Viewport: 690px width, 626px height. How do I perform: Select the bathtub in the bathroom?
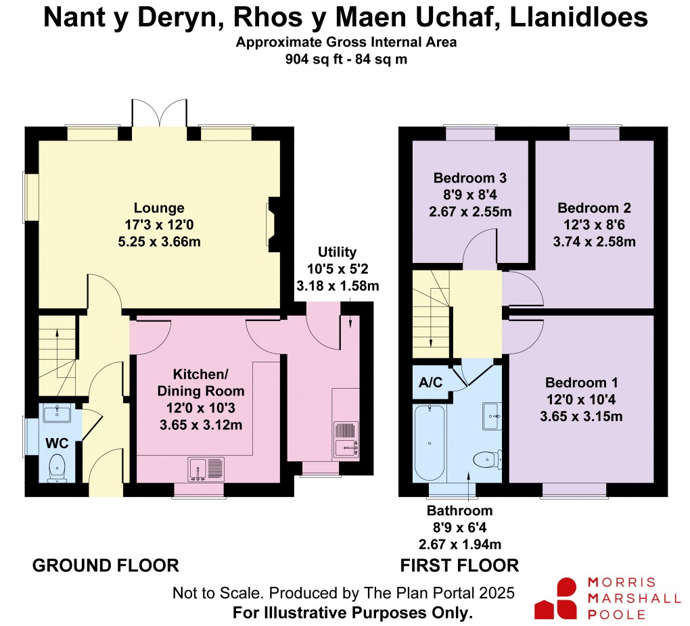pyautogui.click(x=429, y=442)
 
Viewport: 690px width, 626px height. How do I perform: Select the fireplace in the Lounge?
pyautogui.click(x=271, y=223)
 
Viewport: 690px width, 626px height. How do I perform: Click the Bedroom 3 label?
pyautogui.click(x=470, y=178)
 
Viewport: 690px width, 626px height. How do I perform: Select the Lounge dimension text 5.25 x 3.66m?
pyautogui.click(x=159, y=241)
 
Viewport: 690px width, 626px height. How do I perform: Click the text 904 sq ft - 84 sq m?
pyautogui.click(x=346, y=59)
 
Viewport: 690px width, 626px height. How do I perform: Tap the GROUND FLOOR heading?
pyautogui.click(x=106, y=565)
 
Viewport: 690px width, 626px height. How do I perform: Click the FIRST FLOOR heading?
pyautogui.click(x=459, y=565)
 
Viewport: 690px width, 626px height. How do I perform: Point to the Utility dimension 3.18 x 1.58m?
pyautogui.click(x=338, y=285)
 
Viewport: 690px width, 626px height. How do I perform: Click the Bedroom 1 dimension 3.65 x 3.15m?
pyautogui.click(x=581, y=416)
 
